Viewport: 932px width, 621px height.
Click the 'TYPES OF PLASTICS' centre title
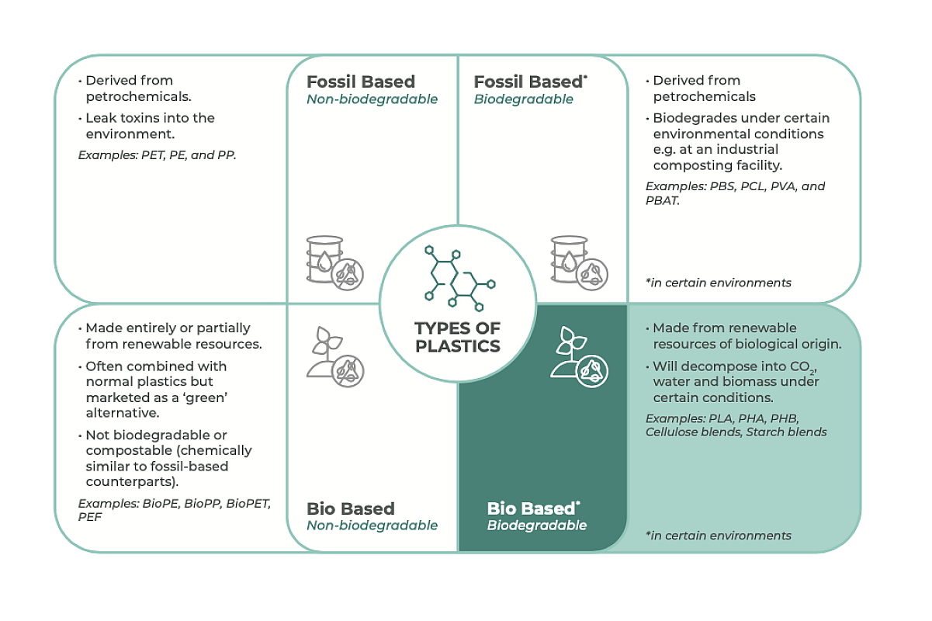[458, 336]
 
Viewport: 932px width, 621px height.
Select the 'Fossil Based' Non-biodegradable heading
[361, 82]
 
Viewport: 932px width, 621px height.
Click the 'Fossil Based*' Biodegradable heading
[530, 82]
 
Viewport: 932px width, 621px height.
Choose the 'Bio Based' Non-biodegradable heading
[351, 509]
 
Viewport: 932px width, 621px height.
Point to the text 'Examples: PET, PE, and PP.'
[157, 154]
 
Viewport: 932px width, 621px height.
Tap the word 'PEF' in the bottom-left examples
[90, 516]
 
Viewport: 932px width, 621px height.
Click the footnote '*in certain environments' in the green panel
[718, 536]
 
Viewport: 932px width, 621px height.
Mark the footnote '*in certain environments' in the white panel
[718, 283]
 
